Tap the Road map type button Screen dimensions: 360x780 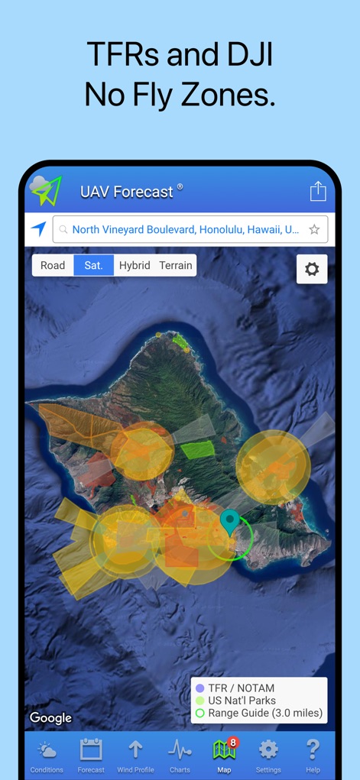tap(53, 265)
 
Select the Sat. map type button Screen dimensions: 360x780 tap(93, 265)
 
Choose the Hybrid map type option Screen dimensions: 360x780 tap(135, 265)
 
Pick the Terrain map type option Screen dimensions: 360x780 tap(176, 265)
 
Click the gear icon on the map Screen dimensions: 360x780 tap(312, 269)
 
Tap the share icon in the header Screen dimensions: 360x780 tap(318, 191)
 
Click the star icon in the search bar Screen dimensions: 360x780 tap(314, 229)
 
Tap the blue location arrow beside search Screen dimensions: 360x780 tap(38, 228)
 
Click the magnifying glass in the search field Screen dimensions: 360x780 tap(63, 229)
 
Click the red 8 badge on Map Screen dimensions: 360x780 tap(233, 742)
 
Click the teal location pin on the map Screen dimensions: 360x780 tap(229, 522)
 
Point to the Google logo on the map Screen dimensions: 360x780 tap(50, 717)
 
